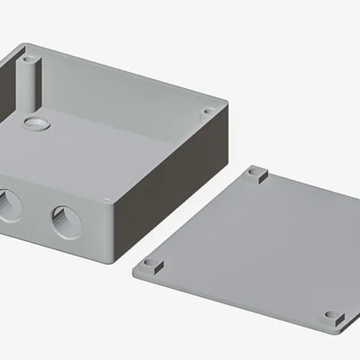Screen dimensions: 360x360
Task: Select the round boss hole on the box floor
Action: click(x=36, y=121)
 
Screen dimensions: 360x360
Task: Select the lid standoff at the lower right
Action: click(x=333, y=317)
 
